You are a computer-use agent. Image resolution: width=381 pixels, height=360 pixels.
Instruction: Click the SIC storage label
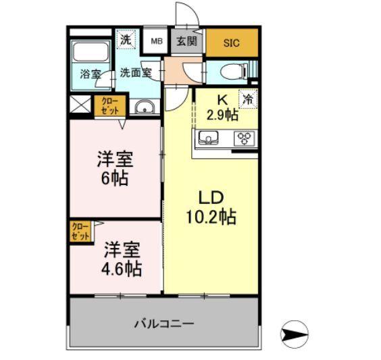(x=232, y=42)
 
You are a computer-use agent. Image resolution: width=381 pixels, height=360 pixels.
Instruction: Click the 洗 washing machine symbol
(x=126, y=39)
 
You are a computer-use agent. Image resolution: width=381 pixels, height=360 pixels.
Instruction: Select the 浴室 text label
(x=91, y=74)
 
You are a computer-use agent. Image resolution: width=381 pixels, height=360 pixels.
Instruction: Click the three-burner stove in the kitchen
(x=243, y=138)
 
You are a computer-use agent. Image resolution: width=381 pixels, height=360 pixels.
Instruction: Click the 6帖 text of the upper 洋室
(x=115, y=180)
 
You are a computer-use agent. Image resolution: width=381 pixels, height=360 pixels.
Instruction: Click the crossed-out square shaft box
(x=80, y=105)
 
